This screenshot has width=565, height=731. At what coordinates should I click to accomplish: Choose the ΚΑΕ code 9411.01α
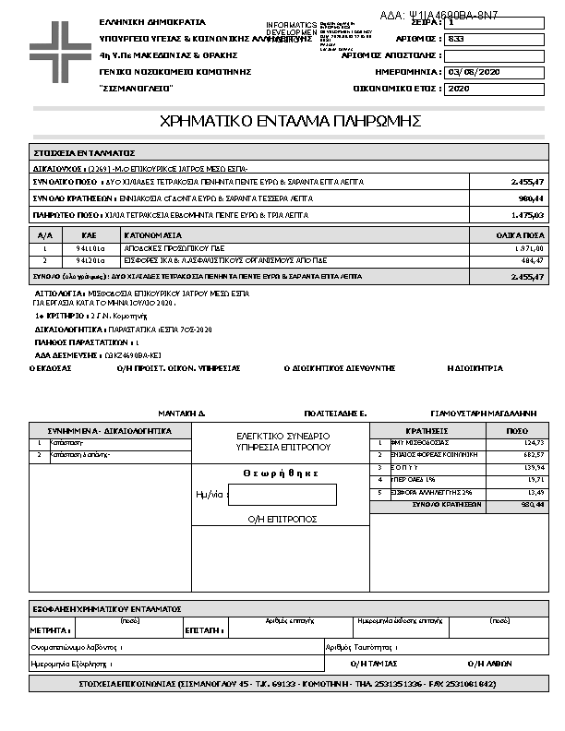point(90,249)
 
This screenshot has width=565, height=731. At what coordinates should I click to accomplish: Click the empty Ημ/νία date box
point(282,495)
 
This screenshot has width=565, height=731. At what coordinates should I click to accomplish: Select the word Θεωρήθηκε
point(281,473)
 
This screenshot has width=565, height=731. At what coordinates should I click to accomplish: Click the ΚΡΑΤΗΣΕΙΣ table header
point(427,431)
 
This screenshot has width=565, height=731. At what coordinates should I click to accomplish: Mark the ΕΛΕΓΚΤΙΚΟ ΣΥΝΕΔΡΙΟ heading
point(282,435)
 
